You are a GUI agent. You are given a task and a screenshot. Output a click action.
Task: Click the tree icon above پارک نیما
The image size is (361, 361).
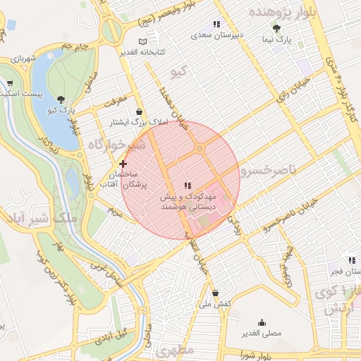[x=276, y=29]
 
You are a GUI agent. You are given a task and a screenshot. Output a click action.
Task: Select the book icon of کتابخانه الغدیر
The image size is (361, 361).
[x=145, y=42]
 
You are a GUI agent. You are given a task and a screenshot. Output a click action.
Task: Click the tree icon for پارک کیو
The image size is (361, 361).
[x=63, y=99]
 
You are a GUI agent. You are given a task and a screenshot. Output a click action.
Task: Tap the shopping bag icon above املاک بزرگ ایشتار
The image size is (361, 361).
[x=139, y=111]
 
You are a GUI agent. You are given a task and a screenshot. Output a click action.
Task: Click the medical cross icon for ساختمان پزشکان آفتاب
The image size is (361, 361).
[x=123, y=164]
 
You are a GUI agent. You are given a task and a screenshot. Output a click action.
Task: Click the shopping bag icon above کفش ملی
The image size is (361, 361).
[x=214, y=293]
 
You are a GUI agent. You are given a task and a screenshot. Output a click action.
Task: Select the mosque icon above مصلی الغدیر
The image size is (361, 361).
[x=262, y=322]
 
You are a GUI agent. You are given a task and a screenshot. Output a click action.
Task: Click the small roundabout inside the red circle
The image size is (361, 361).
[x=200, y=149]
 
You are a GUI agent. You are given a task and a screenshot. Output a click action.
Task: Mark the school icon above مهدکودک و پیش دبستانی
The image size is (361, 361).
[x=187, y=185]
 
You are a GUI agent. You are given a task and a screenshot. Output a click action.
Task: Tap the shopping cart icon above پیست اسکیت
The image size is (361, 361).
[x=10, y=82]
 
